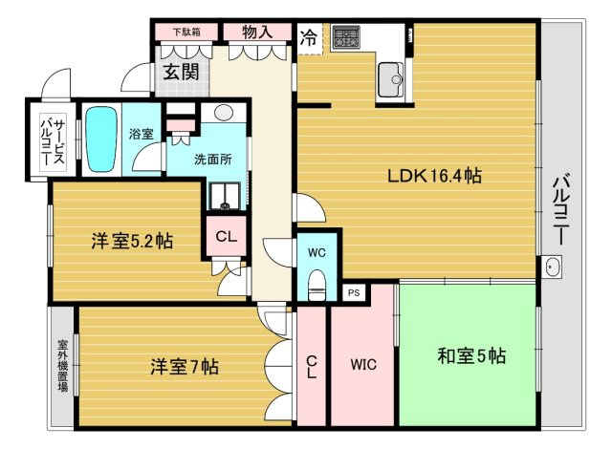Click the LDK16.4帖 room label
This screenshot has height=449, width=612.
click(433, 177)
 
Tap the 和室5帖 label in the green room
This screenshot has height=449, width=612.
click(471, 356)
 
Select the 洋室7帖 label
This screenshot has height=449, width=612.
click(184, 365)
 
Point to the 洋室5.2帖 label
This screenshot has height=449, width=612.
click(131, 242)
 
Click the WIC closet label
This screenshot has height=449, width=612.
click(363, 364)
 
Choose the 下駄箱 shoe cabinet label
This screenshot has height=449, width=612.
click(186, 32)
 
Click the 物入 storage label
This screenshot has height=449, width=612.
click(257, 32)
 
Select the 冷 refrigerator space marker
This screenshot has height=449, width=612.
click(309, 39)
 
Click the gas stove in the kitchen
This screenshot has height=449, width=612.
click(345, 39)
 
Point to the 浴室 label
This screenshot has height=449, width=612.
click(142, 134)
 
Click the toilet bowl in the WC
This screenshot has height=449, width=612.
click(317, 284)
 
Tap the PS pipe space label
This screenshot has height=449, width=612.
click(354, 293)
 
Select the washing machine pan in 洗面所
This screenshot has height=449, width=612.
click(227, 196)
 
